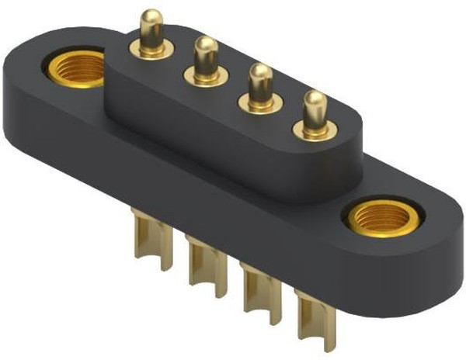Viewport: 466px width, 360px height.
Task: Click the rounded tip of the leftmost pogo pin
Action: click(x=152, y=16)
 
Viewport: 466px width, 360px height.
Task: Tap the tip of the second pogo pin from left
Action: click(x=205, y=46)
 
